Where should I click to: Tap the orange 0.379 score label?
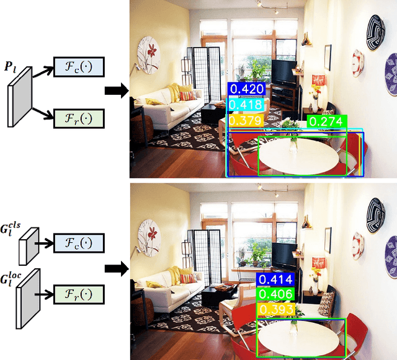point(246,120)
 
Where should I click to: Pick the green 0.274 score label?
point(327,121)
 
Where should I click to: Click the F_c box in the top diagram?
point(79,67)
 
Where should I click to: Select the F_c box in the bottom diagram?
point(79,243)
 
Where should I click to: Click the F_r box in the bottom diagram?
point(79,291)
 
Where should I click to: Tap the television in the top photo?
point(285,72)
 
